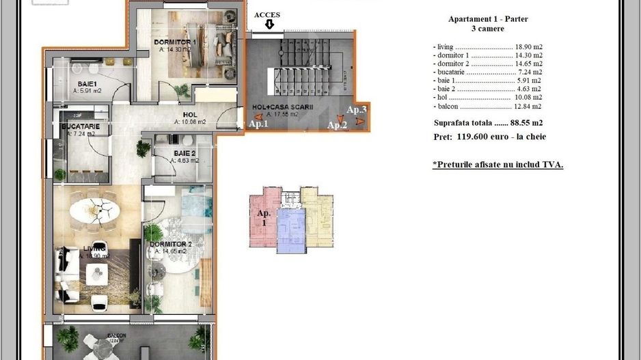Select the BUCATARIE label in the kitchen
coord(81,126)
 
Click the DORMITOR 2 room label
coord(170,244)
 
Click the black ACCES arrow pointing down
coord(269,25)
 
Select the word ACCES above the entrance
coord(267,15)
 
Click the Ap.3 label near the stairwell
coord(357,109)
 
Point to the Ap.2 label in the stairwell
coord(337,124)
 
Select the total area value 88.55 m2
coord(526,123)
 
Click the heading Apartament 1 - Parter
coord(488,19)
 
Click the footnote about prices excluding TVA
coord(497,165)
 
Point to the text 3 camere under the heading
coord(488,29)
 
